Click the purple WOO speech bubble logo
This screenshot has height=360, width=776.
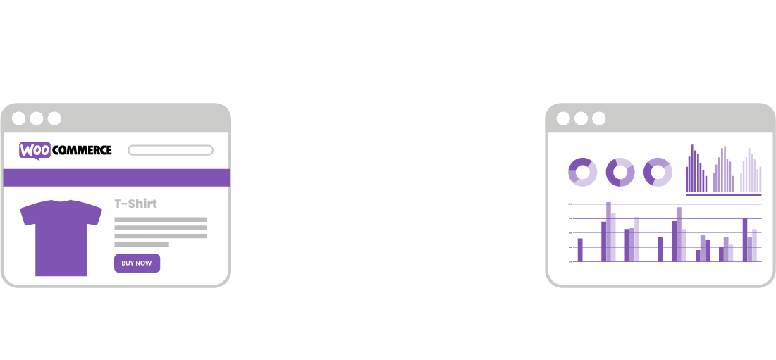coord(35,150)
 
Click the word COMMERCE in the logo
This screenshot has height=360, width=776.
coord(82,150)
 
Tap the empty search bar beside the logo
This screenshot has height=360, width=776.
coord(170,150)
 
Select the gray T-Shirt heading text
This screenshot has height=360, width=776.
coord(135,204)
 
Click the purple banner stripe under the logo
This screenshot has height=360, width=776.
coord(116,178)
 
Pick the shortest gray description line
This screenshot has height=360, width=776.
coord(141,244)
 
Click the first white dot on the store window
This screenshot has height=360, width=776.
coord(19,118)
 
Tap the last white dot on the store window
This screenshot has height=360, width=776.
coord(54,118)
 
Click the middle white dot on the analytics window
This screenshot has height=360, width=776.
coord(581,118)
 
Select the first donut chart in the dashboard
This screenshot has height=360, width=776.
coord(582,172)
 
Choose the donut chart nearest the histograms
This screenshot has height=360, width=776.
coord(658,172)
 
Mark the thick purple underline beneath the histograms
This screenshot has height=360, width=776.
coord(723,195)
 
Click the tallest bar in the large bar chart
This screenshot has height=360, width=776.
coord(608,232)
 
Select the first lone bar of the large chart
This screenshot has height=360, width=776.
coord(580,250)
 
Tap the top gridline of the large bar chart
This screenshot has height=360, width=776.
coord(666,204)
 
